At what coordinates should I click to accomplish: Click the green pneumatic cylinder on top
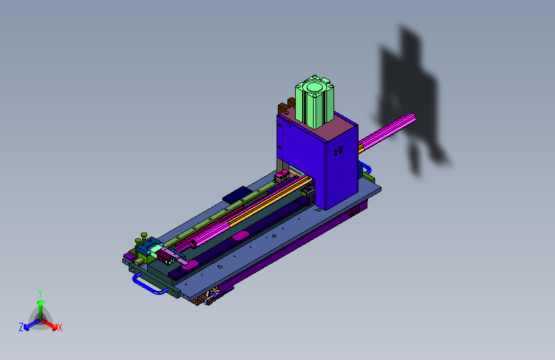[x=315, y=101]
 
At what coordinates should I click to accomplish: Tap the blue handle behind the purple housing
[x=366, y=168]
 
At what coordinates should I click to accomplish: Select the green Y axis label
[x=40, y=293]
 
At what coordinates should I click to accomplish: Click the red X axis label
[x=60, y=328]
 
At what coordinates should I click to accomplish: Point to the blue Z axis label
[x=21, y=327]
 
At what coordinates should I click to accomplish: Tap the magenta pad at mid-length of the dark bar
[x=240, y=236]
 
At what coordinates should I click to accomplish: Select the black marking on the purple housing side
[x=339, y=150]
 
